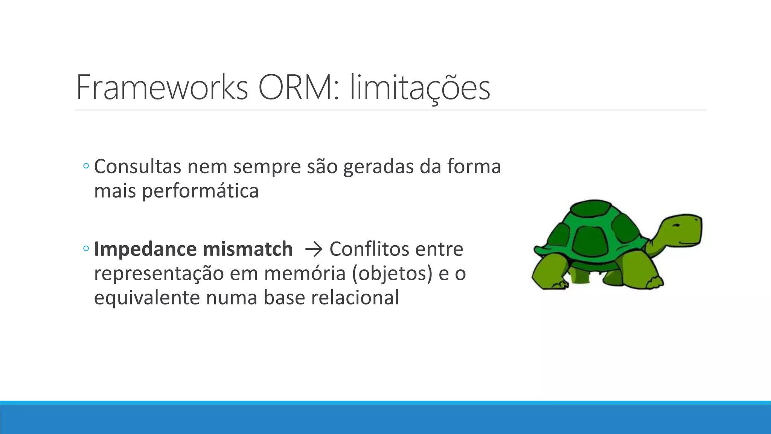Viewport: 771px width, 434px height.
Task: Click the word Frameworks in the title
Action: click(162, 88)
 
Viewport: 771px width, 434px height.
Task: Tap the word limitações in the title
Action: click(420, 88)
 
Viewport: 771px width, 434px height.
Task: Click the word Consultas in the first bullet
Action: click(137, 167)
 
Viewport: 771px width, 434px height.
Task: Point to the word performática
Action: click(200, 191)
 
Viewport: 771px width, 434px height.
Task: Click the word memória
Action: click(305, 274)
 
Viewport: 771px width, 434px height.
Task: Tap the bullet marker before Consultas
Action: click(86, 166)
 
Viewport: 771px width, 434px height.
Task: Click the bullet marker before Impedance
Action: click(86, 248)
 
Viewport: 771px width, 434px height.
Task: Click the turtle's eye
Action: click(676, 225)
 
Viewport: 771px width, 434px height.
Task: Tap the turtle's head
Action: click(681, 230)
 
